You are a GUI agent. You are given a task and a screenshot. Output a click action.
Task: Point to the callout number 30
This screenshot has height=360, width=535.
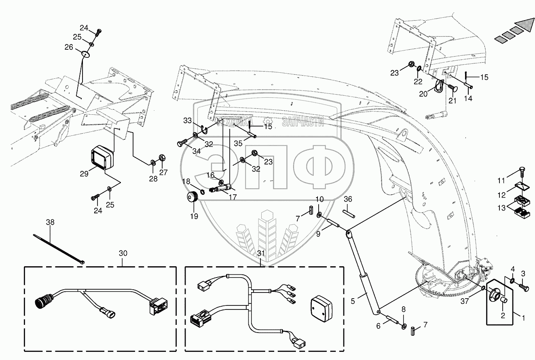point(123,253)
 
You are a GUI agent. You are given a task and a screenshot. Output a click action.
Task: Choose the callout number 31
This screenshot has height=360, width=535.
point(260,253)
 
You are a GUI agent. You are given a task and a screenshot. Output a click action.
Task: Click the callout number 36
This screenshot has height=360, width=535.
point(348,199)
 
